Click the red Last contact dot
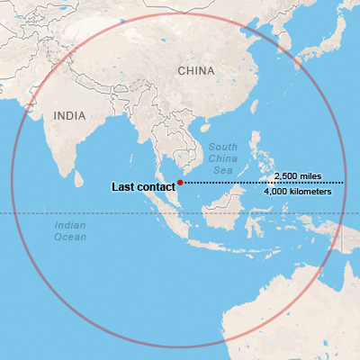[x=180, y=183]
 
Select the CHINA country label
[x=195, y=70]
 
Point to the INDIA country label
[x=71, y=116]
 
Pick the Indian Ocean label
[x=70, y=231]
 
